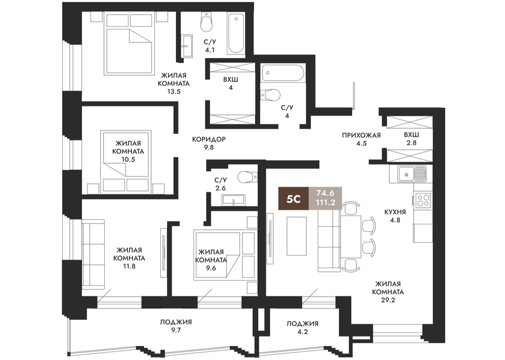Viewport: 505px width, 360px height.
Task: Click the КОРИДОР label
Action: coord(209,139)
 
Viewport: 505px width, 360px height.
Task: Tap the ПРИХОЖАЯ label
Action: coord(361,135)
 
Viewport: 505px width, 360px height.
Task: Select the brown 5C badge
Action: coord(294,198)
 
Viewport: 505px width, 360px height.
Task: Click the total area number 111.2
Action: coord(326,203)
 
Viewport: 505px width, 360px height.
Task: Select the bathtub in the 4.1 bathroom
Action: coord(236,34)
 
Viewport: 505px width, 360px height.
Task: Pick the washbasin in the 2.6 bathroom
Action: coord(233,200)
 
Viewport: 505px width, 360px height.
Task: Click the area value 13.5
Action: coord(173,92)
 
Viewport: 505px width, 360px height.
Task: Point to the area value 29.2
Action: coord(388,300)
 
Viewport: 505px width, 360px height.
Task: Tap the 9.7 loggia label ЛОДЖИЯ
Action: coord(176,322)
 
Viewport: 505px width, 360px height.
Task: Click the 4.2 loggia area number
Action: coord(302,332)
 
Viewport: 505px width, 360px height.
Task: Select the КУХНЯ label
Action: coord(395,212)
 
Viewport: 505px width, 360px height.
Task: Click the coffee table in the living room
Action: coord(296,236)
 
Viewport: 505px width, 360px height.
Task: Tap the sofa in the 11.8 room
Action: coord(93,254)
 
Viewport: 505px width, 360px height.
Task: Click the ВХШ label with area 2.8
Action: coord(412,135)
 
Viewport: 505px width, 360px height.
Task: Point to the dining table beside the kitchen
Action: coord(351,237)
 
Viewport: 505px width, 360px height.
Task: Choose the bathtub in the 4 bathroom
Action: coord(283,73)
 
